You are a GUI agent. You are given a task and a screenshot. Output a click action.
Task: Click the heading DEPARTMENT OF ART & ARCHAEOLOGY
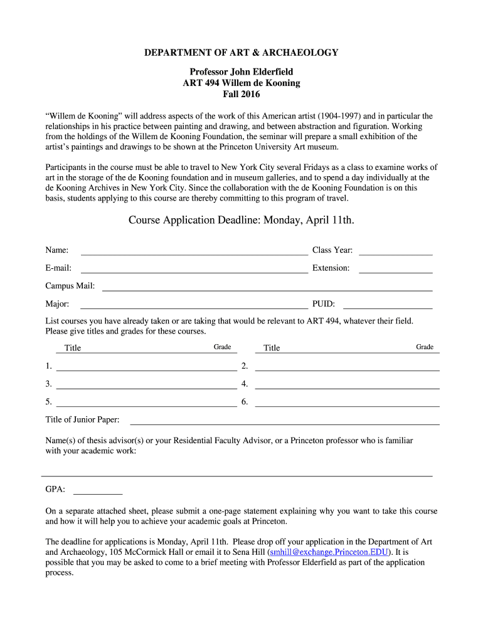tap(242, 53)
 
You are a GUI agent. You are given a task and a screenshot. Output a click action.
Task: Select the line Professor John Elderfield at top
tap(242, 72)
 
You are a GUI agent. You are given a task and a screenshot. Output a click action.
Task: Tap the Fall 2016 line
tap(242, 94)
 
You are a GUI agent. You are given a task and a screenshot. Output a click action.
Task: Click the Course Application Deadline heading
tap(242, 220)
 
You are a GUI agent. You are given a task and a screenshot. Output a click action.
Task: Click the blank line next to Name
tap(194, 253)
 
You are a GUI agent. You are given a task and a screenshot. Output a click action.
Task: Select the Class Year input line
tap(395, 253)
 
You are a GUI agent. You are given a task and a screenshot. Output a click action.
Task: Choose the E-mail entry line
tap(194, 271)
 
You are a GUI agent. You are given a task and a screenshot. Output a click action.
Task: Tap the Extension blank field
tap(395, 271)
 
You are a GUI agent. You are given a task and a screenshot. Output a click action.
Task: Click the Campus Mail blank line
tap(267, 289)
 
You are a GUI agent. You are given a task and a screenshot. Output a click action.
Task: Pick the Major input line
tap(194, 307)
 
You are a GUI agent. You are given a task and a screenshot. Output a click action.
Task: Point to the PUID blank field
tap(395, 307)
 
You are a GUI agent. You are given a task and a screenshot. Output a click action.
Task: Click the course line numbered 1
tap(146, 369)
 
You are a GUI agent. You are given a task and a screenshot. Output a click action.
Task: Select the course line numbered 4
tap(347, 387)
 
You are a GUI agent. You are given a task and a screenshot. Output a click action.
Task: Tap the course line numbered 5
tap(146, 405)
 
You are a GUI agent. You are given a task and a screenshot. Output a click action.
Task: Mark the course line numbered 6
tap(347, 405)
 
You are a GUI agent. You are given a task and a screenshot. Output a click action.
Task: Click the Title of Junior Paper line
tap(284, 423)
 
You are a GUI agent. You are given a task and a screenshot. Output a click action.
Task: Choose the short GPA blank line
tap(98, 493)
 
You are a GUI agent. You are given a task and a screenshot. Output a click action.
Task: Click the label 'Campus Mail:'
tap(70, 286)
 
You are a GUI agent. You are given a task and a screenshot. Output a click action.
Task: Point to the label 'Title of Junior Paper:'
tap(82, 420)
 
